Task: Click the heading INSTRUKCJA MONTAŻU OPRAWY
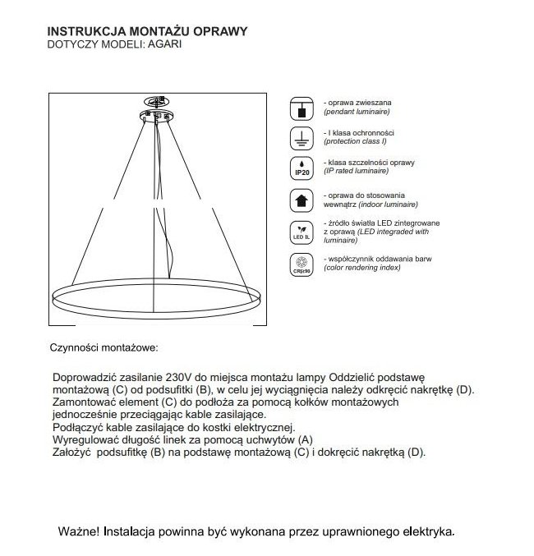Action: click(x=149, y=31)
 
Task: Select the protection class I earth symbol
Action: click(x=302, y=137)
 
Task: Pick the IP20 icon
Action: click(x=302, y=168)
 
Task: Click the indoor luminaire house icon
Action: click(x=302, y=200)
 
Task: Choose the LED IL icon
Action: click(x=302, y=232)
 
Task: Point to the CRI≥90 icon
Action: click(x=302, y=264)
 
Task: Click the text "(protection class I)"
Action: click(x=358, y=140)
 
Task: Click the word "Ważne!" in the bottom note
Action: click(x=79, y=531)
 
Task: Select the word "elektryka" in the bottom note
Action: click(x=424, y=531)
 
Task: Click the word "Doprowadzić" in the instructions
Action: click(x=85, y=375)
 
